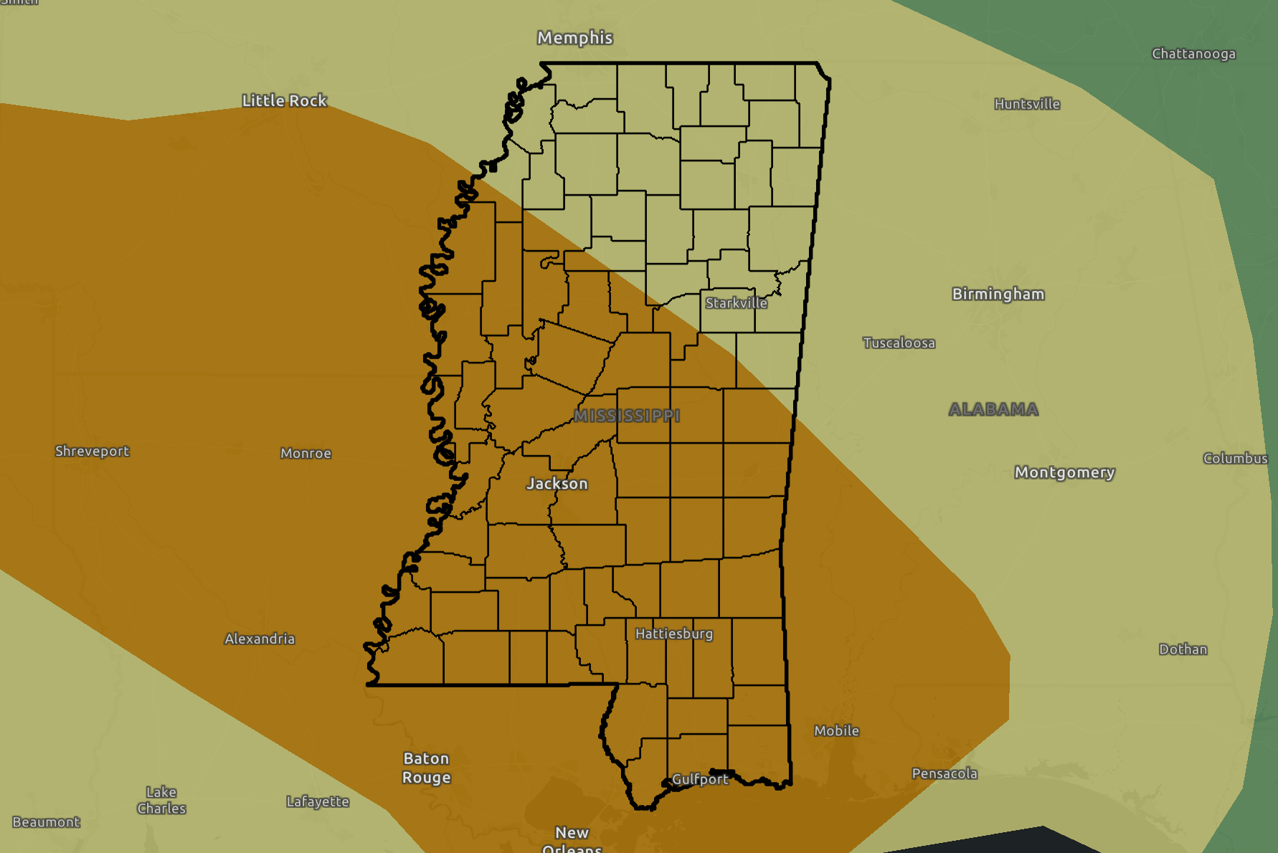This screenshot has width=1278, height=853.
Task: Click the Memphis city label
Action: pos(574,38)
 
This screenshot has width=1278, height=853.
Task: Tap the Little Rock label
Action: pos(284,101)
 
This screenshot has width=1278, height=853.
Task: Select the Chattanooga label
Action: pos(1193,54)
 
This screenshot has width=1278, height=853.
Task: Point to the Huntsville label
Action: pos(1027,104)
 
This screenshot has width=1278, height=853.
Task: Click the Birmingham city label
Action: pos(998,294)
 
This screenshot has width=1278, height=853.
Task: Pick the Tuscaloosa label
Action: pos(899,343)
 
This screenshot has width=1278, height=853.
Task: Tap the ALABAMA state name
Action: pos(993,409)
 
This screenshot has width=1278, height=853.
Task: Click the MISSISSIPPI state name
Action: pos(627,416)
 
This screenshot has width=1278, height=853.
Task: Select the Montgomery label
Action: pos(1064,472)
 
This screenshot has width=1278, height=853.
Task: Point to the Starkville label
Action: pos(736,303)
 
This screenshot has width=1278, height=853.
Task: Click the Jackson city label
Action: pos(557,484)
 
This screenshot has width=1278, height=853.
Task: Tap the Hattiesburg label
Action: pos(673,634)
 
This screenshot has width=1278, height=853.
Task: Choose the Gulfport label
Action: pos(699,779)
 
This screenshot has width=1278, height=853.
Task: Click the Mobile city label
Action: pos(836,730)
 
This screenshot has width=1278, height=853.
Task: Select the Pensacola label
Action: pos(944,773)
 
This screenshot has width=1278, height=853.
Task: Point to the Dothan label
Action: pos(1183,649)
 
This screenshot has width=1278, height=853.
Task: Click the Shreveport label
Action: pos(92,451)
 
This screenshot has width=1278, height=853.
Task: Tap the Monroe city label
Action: pos(306,453)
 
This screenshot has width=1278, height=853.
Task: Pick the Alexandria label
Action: pos(260,639)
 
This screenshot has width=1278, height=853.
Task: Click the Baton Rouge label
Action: pos(426,768)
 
